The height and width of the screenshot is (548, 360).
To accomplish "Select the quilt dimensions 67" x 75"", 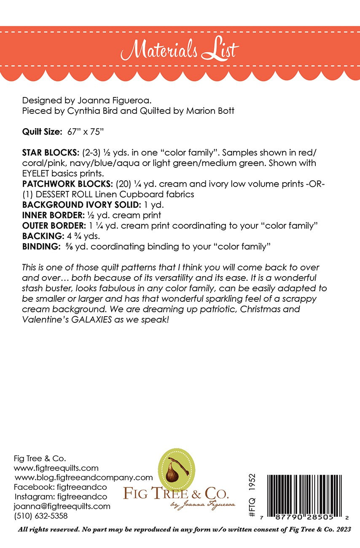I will click(86, 132).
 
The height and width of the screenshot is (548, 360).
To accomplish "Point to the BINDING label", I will click(38, 246).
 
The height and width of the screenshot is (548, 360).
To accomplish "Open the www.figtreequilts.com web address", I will click(56, 468).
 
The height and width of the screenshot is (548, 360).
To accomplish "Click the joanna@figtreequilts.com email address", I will click(62, 506).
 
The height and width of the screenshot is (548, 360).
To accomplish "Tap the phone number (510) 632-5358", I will click(41, 516).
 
